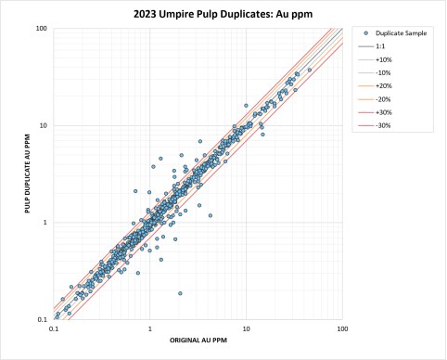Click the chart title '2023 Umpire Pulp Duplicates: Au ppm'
(223, 14)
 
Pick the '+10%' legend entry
(375, 59)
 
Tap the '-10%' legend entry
(375, 73)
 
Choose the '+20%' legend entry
(375, 86)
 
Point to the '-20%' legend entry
(375, 99)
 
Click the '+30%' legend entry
(375, 112)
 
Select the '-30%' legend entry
(375, 125)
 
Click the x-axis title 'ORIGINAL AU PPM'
(198, 341)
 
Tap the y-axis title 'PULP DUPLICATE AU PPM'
(28, 174)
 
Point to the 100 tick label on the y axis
(42, 29)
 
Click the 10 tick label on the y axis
(44, 125)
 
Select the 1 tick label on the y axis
(45, 223)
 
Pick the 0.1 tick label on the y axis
(43, 319)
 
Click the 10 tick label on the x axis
(247, 328)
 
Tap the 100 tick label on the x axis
(342, 328)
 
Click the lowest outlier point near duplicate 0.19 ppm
(180, 293)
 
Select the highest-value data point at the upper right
(310, 71)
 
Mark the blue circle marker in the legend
(366, 33)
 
